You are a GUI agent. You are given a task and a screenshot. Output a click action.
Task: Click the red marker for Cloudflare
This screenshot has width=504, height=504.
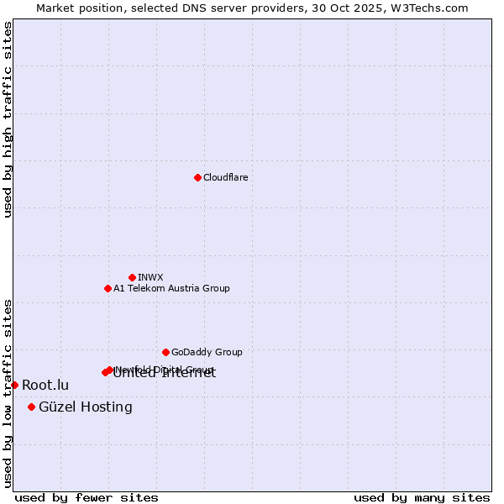pyautogui.click(x=197, y=177)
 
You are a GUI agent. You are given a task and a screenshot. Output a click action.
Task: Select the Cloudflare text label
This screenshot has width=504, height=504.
pyautogui.click(x=226, y=177)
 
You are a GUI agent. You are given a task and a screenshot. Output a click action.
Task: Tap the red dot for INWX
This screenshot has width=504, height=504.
pyautogui.click(x=132, y=277)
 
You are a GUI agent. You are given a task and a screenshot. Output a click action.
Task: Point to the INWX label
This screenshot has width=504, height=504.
pyautogui.click(x=150, y=277)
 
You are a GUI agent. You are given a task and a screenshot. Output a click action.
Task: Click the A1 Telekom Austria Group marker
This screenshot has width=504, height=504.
pyautogui.click(x=108, y=288)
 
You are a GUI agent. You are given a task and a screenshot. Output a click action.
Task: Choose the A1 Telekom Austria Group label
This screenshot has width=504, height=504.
pyautogui.click(x=171, y=288)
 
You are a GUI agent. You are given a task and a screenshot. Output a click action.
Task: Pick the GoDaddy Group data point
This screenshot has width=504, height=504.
pyautogui.click(x=165, y=352)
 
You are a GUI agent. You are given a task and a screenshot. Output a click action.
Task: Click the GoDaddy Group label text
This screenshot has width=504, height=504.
pyautogui.click(x=207, y=352)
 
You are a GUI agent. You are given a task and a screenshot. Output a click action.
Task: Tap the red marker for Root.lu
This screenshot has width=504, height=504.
pyautogui.click(x=14, y=385)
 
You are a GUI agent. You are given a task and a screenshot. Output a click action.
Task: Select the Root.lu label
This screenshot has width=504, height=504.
pyautogui.click(x=45, y=386)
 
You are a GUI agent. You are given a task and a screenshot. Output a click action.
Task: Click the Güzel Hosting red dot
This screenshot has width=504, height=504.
pyautogui.click(x=31, y=407)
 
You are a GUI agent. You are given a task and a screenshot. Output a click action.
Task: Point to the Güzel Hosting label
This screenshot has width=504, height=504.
pyautogui.click(x=86, y=407)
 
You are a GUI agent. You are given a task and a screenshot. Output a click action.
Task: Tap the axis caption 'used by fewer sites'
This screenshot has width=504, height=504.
pyautogui.click(x=87, y=497)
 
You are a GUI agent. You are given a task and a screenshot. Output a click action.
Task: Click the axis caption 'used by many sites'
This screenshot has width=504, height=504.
pyautogui.click(x=422, y=497)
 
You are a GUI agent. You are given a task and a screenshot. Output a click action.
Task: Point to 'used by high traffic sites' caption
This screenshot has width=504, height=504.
pyautogui.click(x=8, y=119)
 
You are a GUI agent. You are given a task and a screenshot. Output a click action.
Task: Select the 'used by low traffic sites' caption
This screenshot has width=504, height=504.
pyautogui.click(x=8, y=393)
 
